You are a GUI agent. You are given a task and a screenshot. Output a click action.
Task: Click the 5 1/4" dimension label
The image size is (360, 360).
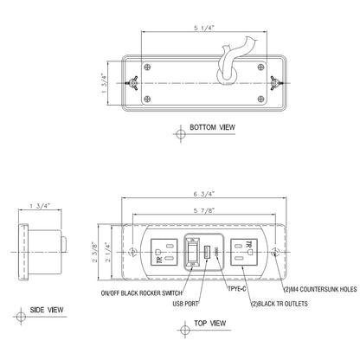click(x=204, y=28)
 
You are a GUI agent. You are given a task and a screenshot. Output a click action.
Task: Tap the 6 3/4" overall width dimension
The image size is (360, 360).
click(x=204, y=194)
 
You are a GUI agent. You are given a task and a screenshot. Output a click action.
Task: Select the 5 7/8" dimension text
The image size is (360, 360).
click(x=204, y=210)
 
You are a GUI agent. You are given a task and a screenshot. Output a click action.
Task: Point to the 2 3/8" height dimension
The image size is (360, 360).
click(x=94, y=253)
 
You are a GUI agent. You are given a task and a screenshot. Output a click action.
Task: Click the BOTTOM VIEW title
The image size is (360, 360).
click(x=212, y=127)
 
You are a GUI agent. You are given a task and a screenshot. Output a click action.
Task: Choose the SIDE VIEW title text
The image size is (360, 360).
click(x=47, y=310)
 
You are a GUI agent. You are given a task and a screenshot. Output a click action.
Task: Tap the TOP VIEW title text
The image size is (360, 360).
click(x=210, y=324)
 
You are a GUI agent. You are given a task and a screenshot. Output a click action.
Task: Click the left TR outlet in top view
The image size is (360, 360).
click(x=164, y=252)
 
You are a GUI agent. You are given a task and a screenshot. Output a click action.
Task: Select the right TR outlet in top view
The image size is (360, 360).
click(x=244, y=252)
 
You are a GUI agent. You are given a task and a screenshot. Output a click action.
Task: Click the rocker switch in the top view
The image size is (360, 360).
click(x=192, y=252)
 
